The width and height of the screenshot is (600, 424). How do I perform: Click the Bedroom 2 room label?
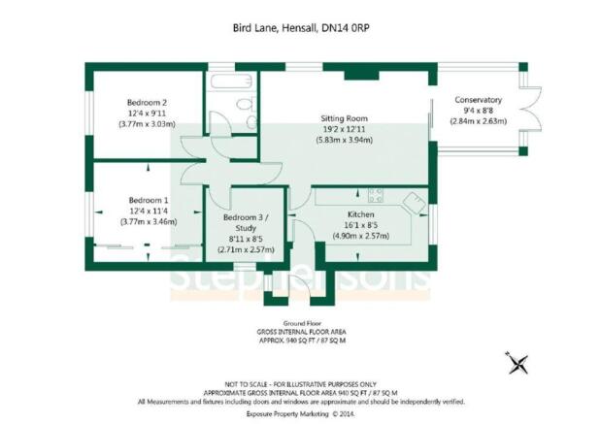tap(147, 103)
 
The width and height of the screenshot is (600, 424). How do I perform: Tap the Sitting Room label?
tap(344, 118)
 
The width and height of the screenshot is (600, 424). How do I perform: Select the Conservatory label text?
tap(478, 100)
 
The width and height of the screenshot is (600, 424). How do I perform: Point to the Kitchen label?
tap(360, 214)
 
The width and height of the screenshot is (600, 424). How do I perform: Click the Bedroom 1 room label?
tap(149, 200)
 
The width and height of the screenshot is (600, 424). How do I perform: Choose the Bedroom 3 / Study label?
tap(246, 222)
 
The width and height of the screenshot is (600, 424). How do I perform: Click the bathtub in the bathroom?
tap(231, 82)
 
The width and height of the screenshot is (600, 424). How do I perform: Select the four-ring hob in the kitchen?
tap(375, 195)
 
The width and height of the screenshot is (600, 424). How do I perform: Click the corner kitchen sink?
tap(414, 203)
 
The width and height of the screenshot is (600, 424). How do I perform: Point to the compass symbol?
tap(517, 363)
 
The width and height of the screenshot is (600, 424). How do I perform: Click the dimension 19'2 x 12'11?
tap(344, 129)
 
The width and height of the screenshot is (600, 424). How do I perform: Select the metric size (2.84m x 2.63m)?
tap(478, 121)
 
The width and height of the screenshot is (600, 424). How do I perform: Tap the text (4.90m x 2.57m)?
tap(360, 236)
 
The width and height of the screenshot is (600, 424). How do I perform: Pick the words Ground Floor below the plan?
tap(302, 323)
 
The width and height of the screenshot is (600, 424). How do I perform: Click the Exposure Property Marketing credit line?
tap(287, 414)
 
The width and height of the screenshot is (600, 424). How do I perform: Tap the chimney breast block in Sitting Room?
tap(361, 76)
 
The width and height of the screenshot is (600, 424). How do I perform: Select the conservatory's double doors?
tap(530, 110)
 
